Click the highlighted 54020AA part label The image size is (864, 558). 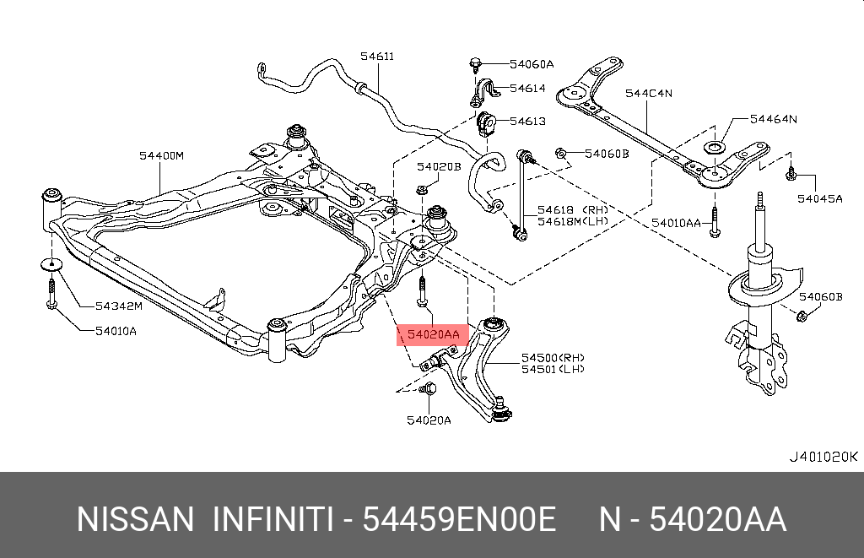[x=433, y=335]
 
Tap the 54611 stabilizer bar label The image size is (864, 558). [x=377, y=57]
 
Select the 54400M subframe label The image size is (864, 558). [x=161, y=155]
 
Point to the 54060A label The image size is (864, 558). [x=532, y=64]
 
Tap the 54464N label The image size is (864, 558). [x=773, y=119]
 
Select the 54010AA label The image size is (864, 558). [x=676, y=222]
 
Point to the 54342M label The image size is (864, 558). [x=119, y=305]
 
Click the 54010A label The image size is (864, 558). [x=116, y=330]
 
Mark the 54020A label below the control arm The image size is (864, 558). [x=429, y=420]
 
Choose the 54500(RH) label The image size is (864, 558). [x=553, y=357]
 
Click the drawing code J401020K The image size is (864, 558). [x=823, y=457]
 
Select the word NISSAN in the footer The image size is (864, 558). [x=135, y=519]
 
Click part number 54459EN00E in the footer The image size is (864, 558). [x=459, y=519]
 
